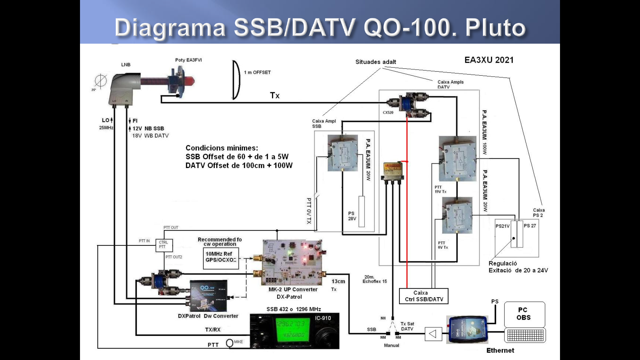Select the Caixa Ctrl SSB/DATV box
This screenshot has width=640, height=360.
(424, 296)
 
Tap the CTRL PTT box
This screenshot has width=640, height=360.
(164, 245)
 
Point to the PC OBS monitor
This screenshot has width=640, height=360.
(524, 314)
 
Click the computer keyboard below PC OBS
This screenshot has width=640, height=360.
(525, 335)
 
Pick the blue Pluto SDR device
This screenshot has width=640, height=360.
(468, 330)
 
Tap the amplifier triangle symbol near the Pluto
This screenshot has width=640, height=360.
(433, 334)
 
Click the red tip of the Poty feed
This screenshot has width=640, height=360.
(190, 81)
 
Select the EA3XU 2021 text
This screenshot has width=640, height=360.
(489, 60)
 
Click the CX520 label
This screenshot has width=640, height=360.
(388, 113)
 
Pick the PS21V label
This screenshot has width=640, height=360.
(502, 226)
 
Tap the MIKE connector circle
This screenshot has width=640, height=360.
(230, 343)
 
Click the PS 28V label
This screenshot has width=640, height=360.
(352, 216)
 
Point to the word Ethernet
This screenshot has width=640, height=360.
(500, 350)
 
